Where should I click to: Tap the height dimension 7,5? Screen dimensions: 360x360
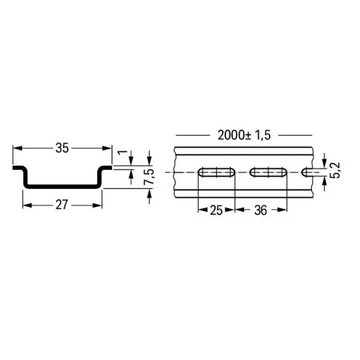point(155,178)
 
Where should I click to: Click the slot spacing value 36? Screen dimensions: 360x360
point(260,211)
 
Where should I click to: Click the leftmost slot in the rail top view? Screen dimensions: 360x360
point(217,173)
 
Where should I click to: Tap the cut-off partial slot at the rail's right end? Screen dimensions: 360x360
point(308,173)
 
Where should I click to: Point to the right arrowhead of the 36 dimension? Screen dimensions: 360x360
point(284,211)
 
